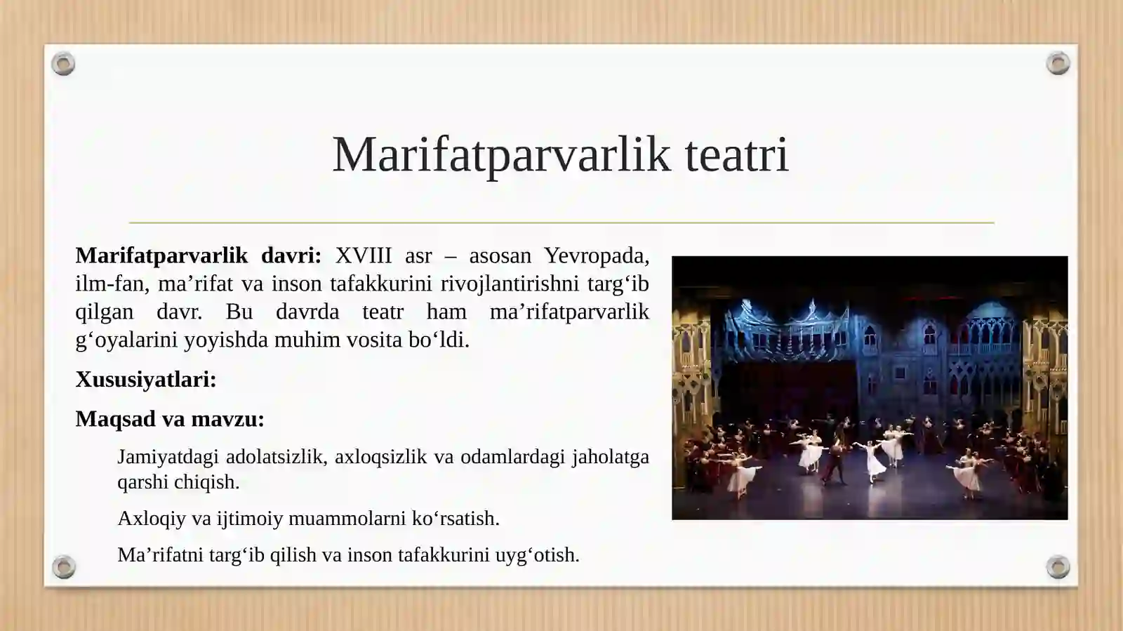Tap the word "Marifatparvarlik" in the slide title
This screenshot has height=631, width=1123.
[501, 154]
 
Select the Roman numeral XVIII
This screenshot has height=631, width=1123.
[363, 255]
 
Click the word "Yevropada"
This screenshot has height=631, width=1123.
[596, 255]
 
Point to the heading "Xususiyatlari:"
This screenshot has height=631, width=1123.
[146, 380]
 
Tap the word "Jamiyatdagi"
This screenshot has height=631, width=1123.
[167, 457]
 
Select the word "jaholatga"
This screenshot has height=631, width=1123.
[610, 457]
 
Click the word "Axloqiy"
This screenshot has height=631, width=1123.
[152, 519]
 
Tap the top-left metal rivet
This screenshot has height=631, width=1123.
[63, 64]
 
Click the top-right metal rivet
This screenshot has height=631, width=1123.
[1058, 64]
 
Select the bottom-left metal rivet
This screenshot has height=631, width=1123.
[63, 566]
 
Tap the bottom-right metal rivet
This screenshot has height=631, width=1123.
[1058, 566]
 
